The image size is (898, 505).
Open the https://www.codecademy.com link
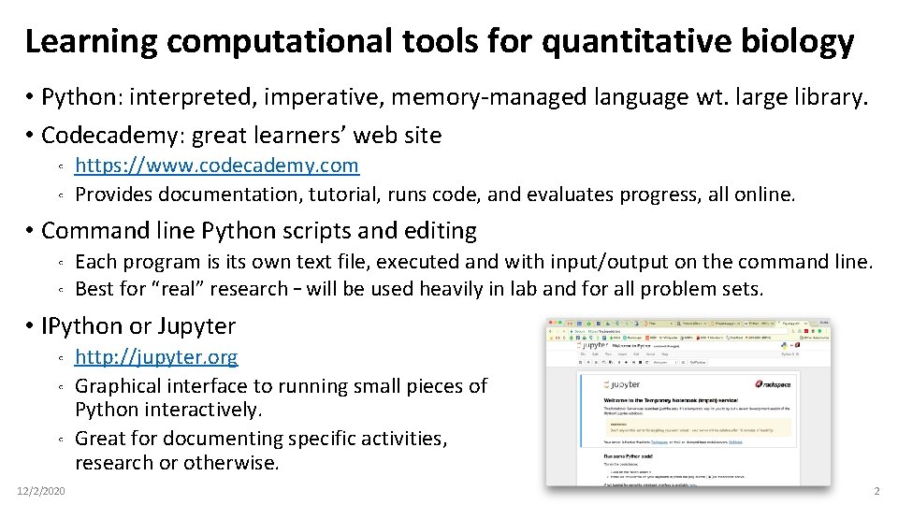click(x=216, y=166)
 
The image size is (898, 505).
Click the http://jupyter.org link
click(x=156, y=356)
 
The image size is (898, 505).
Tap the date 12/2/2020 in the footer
click(x=41, y=491)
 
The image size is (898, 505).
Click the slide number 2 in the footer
click(x=876, y=491)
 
